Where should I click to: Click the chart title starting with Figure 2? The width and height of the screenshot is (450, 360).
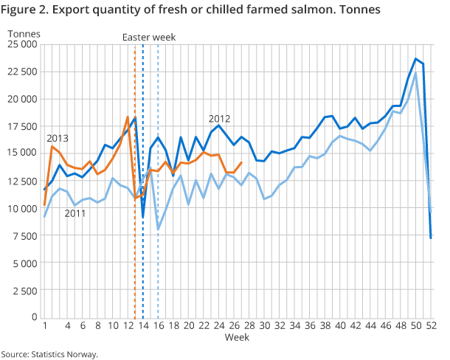point(196,12)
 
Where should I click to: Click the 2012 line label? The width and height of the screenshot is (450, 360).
point(219,118)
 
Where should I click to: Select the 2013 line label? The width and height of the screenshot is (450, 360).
point(58,138)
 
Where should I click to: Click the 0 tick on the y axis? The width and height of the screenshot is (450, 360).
point(33,317)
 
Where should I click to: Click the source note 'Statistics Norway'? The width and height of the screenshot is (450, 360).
point(49,354)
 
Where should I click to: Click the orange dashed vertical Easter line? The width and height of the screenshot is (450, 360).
point(135,258)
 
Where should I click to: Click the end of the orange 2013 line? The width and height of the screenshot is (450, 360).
point(242,163)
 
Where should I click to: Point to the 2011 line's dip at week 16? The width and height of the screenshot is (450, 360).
point(158,229)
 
